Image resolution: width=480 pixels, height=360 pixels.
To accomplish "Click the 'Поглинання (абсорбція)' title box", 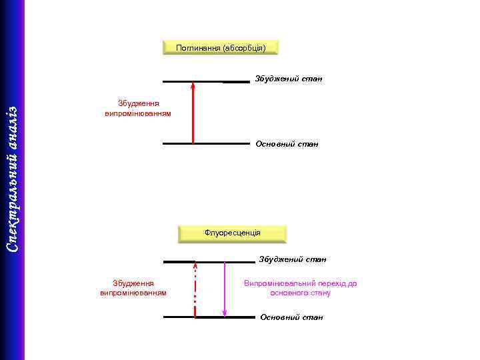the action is point(220,47).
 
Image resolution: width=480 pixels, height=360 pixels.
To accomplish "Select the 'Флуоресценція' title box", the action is point(232,233).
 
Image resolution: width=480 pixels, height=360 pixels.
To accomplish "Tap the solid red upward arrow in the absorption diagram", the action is point(193,113).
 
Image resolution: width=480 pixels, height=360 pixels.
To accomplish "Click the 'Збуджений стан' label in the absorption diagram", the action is point(288,79).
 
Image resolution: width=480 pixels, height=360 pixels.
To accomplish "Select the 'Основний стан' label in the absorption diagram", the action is point(287,143).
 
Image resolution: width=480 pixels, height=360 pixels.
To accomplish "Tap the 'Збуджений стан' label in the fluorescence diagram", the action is point(293,259).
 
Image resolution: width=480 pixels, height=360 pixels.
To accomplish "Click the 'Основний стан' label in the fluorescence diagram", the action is point(291,317).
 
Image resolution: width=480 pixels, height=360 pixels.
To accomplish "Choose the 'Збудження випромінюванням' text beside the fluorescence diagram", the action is point(133,288).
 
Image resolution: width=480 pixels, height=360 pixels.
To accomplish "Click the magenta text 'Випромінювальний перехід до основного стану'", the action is point(300,288).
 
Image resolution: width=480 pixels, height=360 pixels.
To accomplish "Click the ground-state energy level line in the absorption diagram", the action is point(205,143).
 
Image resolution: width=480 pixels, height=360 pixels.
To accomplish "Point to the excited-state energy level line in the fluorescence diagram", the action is point(209,262).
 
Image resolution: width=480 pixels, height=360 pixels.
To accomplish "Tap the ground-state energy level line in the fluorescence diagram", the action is point(209,317).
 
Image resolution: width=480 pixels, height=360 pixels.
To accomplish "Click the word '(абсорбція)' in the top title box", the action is point(244,47).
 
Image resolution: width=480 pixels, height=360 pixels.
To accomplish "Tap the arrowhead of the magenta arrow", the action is point(225,312).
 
